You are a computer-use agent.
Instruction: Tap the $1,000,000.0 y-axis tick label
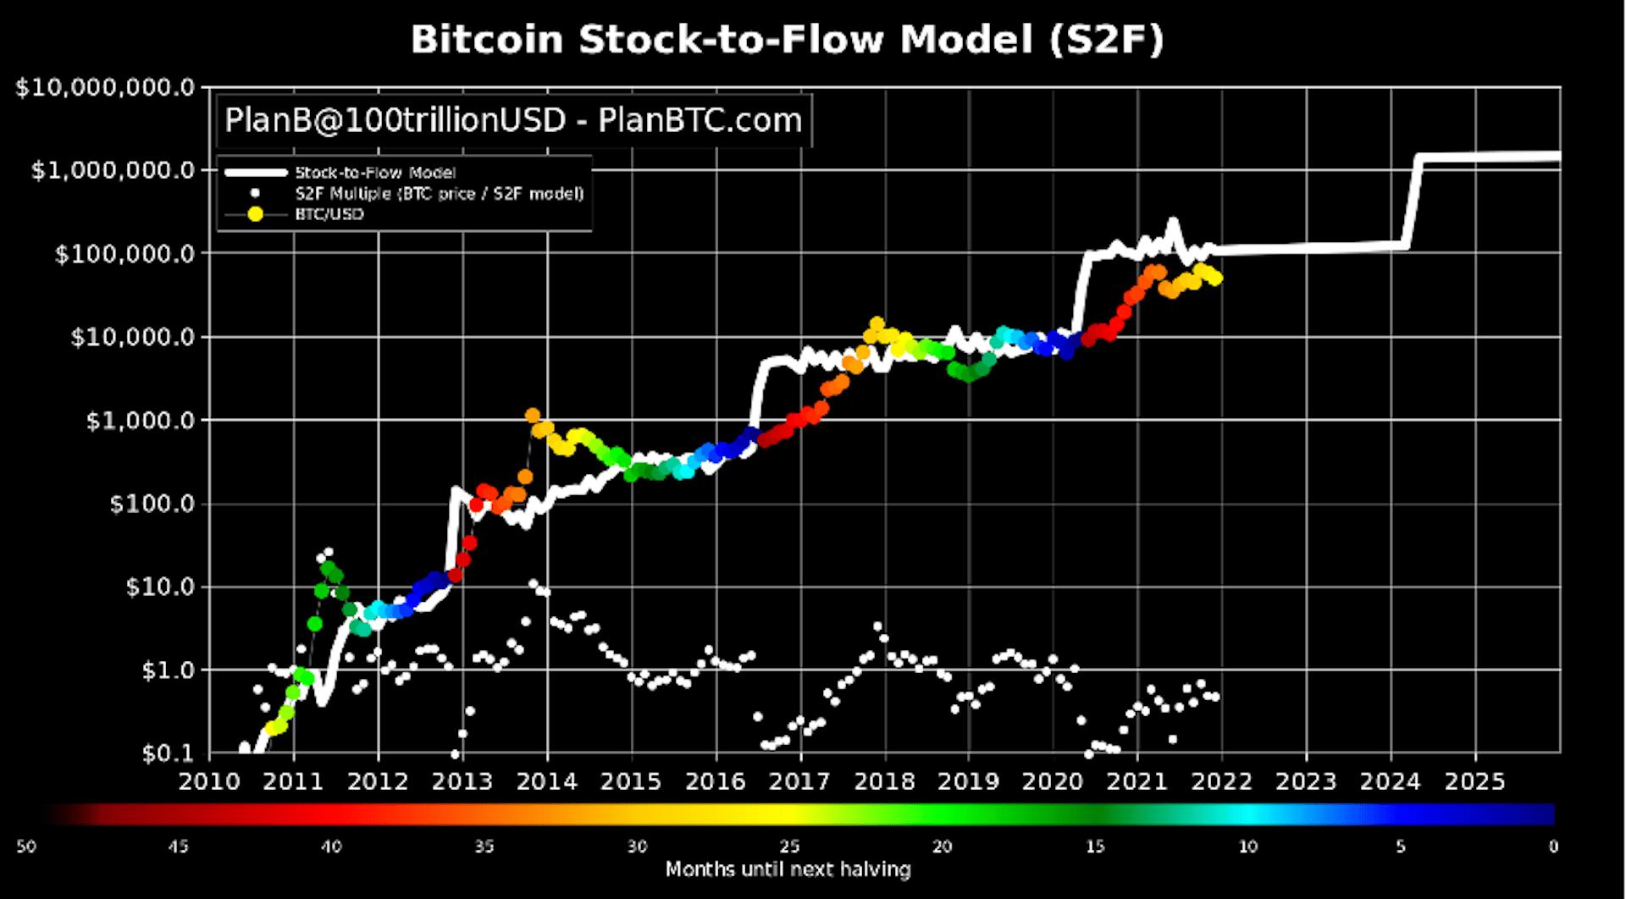pos(113,170)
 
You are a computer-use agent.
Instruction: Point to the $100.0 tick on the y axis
pos(152,504)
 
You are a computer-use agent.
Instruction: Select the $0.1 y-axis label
pos(169,753)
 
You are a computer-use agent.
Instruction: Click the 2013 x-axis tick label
pos(462,781)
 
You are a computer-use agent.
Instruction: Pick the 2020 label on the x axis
pos(1053,781)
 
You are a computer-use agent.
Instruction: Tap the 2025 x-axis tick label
pos(1474,781)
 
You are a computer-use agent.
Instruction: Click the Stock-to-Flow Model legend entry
pos(375,173)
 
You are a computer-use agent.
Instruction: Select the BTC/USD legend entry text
pos(329,214)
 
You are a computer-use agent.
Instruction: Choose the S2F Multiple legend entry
pos(440,194)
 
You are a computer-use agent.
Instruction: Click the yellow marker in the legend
pos(255,214)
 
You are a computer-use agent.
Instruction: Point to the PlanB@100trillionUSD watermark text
pos(513,120)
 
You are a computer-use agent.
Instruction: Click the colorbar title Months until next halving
pos(788,869)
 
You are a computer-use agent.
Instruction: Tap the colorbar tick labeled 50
pos(26,847)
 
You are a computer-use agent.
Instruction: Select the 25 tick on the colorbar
pos(789,847)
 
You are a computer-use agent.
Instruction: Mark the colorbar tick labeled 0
pos(1553,847)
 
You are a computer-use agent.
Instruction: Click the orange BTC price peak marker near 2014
pos(532,416)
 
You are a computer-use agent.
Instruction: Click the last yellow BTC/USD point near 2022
pos(1216,279)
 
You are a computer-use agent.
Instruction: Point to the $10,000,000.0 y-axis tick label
pos(105,87)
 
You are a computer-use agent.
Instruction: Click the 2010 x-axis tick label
pos(208,781)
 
